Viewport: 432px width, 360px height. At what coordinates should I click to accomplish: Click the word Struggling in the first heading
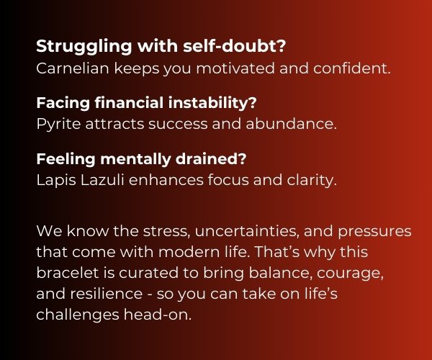84,47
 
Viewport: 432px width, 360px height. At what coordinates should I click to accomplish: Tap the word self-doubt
235,46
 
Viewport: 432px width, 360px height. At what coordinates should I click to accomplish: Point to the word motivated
235,68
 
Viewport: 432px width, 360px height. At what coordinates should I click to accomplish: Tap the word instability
212,104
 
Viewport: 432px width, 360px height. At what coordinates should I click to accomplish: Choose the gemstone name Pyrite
58,125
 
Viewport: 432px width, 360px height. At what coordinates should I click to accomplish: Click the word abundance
291,124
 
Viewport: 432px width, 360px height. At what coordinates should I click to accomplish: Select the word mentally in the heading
135,160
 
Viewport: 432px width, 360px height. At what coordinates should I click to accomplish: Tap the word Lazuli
102,180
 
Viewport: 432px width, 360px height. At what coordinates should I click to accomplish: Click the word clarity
312,181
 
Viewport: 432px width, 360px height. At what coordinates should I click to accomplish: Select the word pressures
374,232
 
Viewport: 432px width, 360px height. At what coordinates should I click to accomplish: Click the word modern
189,252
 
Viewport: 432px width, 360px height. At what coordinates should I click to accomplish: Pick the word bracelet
67,273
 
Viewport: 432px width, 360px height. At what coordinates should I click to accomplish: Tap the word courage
350,274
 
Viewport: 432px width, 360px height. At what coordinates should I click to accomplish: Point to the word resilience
106,294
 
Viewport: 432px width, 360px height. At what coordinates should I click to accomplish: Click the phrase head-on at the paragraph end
157,315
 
